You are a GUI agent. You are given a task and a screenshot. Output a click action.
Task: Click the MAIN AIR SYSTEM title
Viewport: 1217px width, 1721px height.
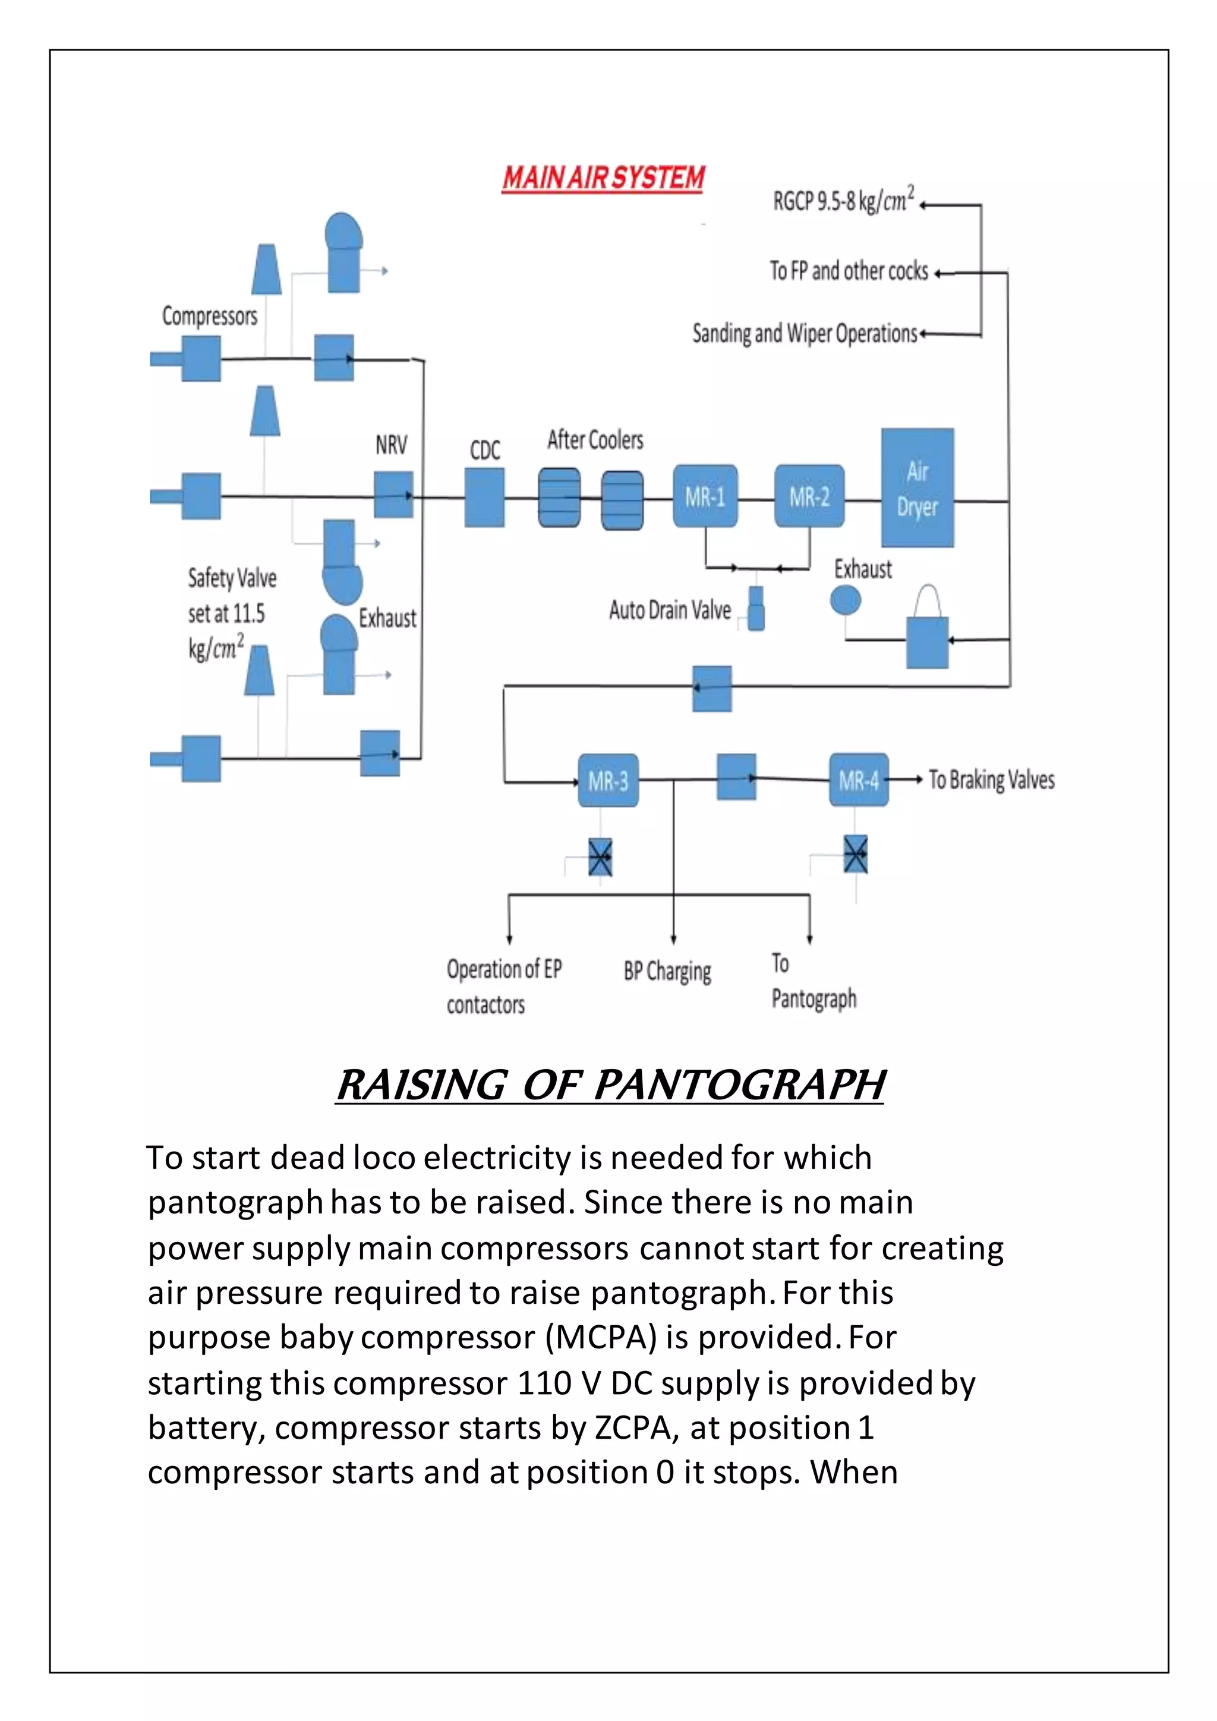coord(603,178)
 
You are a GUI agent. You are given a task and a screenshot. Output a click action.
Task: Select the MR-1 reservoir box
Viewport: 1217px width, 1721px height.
coord(705,496)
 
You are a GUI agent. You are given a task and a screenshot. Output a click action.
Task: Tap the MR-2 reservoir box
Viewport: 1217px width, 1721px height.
coord(809,496)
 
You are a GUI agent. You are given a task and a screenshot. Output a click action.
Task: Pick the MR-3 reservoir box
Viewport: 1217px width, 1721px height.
coord(608,781)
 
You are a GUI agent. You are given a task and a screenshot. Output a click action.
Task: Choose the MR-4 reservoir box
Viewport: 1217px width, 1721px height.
coord(859,780)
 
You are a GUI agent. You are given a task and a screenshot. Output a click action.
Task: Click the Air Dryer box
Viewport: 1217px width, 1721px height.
coord(918,488)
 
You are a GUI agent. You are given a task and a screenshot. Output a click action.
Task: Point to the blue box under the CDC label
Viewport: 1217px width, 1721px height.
coord(484,498)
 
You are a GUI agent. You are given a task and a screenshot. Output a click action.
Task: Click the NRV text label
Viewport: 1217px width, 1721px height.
coord(391,445)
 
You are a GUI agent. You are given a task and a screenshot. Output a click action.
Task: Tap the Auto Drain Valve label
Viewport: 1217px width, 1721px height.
coord(670,610)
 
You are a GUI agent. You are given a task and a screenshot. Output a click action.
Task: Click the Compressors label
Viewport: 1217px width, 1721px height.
coord(210,316)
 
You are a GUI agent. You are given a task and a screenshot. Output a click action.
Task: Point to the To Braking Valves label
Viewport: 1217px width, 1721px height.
coord(991,780)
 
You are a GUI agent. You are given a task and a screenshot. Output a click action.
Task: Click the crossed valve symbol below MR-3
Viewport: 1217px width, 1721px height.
coord(600,857)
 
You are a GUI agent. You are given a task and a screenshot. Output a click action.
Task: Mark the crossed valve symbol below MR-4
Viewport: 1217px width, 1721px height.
coord(856,855)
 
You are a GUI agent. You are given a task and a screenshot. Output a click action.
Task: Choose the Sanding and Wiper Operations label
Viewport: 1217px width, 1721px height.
coord(804,333)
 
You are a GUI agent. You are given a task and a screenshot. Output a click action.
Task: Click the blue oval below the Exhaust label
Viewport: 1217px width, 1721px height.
coord(846,600)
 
